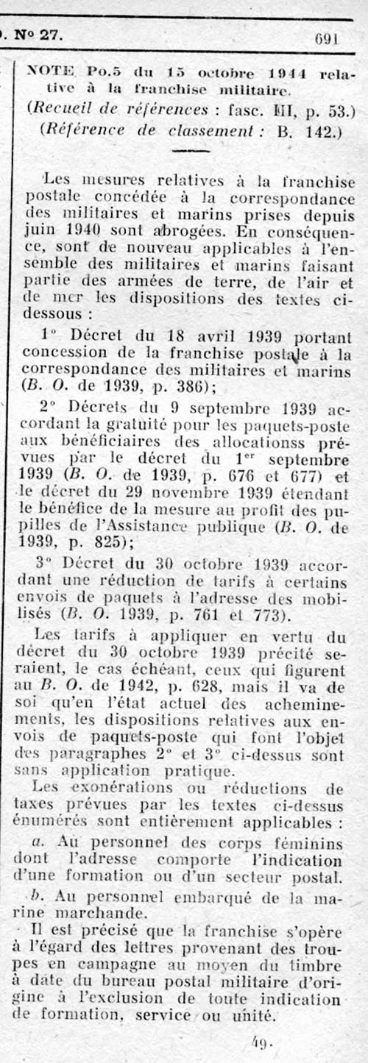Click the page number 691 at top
click(326, 39)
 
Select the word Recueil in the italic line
click(57, 109)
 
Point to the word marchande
click(73, 911)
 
